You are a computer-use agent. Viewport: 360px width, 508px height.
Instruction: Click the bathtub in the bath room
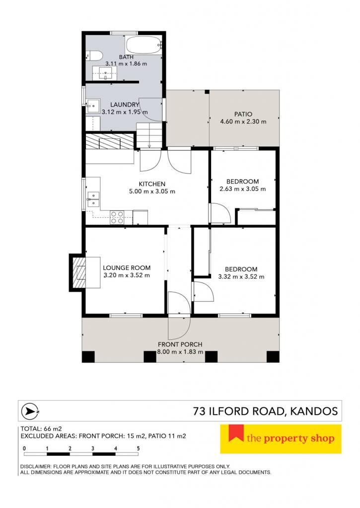[144, 45]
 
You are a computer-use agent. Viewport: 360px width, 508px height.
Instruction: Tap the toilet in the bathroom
[94, 56]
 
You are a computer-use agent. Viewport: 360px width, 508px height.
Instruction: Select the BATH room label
[126, 57]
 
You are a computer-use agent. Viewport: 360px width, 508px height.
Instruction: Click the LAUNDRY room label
[125, 105]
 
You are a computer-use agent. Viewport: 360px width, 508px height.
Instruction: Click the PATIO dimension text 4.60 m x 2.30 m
[243, 122]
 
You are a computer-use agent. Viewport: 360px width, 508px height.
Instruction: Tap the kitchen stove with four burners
[117, 217]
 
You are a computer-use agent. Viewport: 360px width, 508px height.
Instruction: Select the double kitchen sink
[93, 199]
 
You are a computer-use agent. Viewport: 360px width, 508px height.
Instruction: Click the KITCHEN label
[152, 184]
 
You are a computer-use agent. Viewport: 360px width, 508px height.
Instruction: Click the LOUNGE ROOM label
[127, 268]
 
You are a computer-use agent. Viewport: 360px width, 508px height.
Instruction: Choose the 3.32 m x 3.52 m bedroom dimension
[241, 277]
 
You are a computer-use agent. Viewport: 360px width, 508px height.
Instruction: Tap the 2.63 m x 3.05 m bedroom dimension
[243, 189]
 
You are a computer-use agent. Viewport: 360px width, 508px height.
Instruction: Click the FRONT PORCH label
[180, 344]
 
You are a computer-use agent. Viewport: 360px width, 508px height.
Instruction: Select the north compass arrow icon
[30, 411]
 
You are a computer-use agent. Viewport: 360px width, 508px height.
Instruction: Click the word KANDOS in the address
[314, 411]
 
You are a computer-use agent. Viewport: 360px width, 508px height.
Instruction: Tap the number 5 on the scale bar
[139, 448]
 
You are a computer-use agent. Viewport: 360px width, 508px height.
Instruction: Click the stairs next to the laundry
[149, 136]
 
